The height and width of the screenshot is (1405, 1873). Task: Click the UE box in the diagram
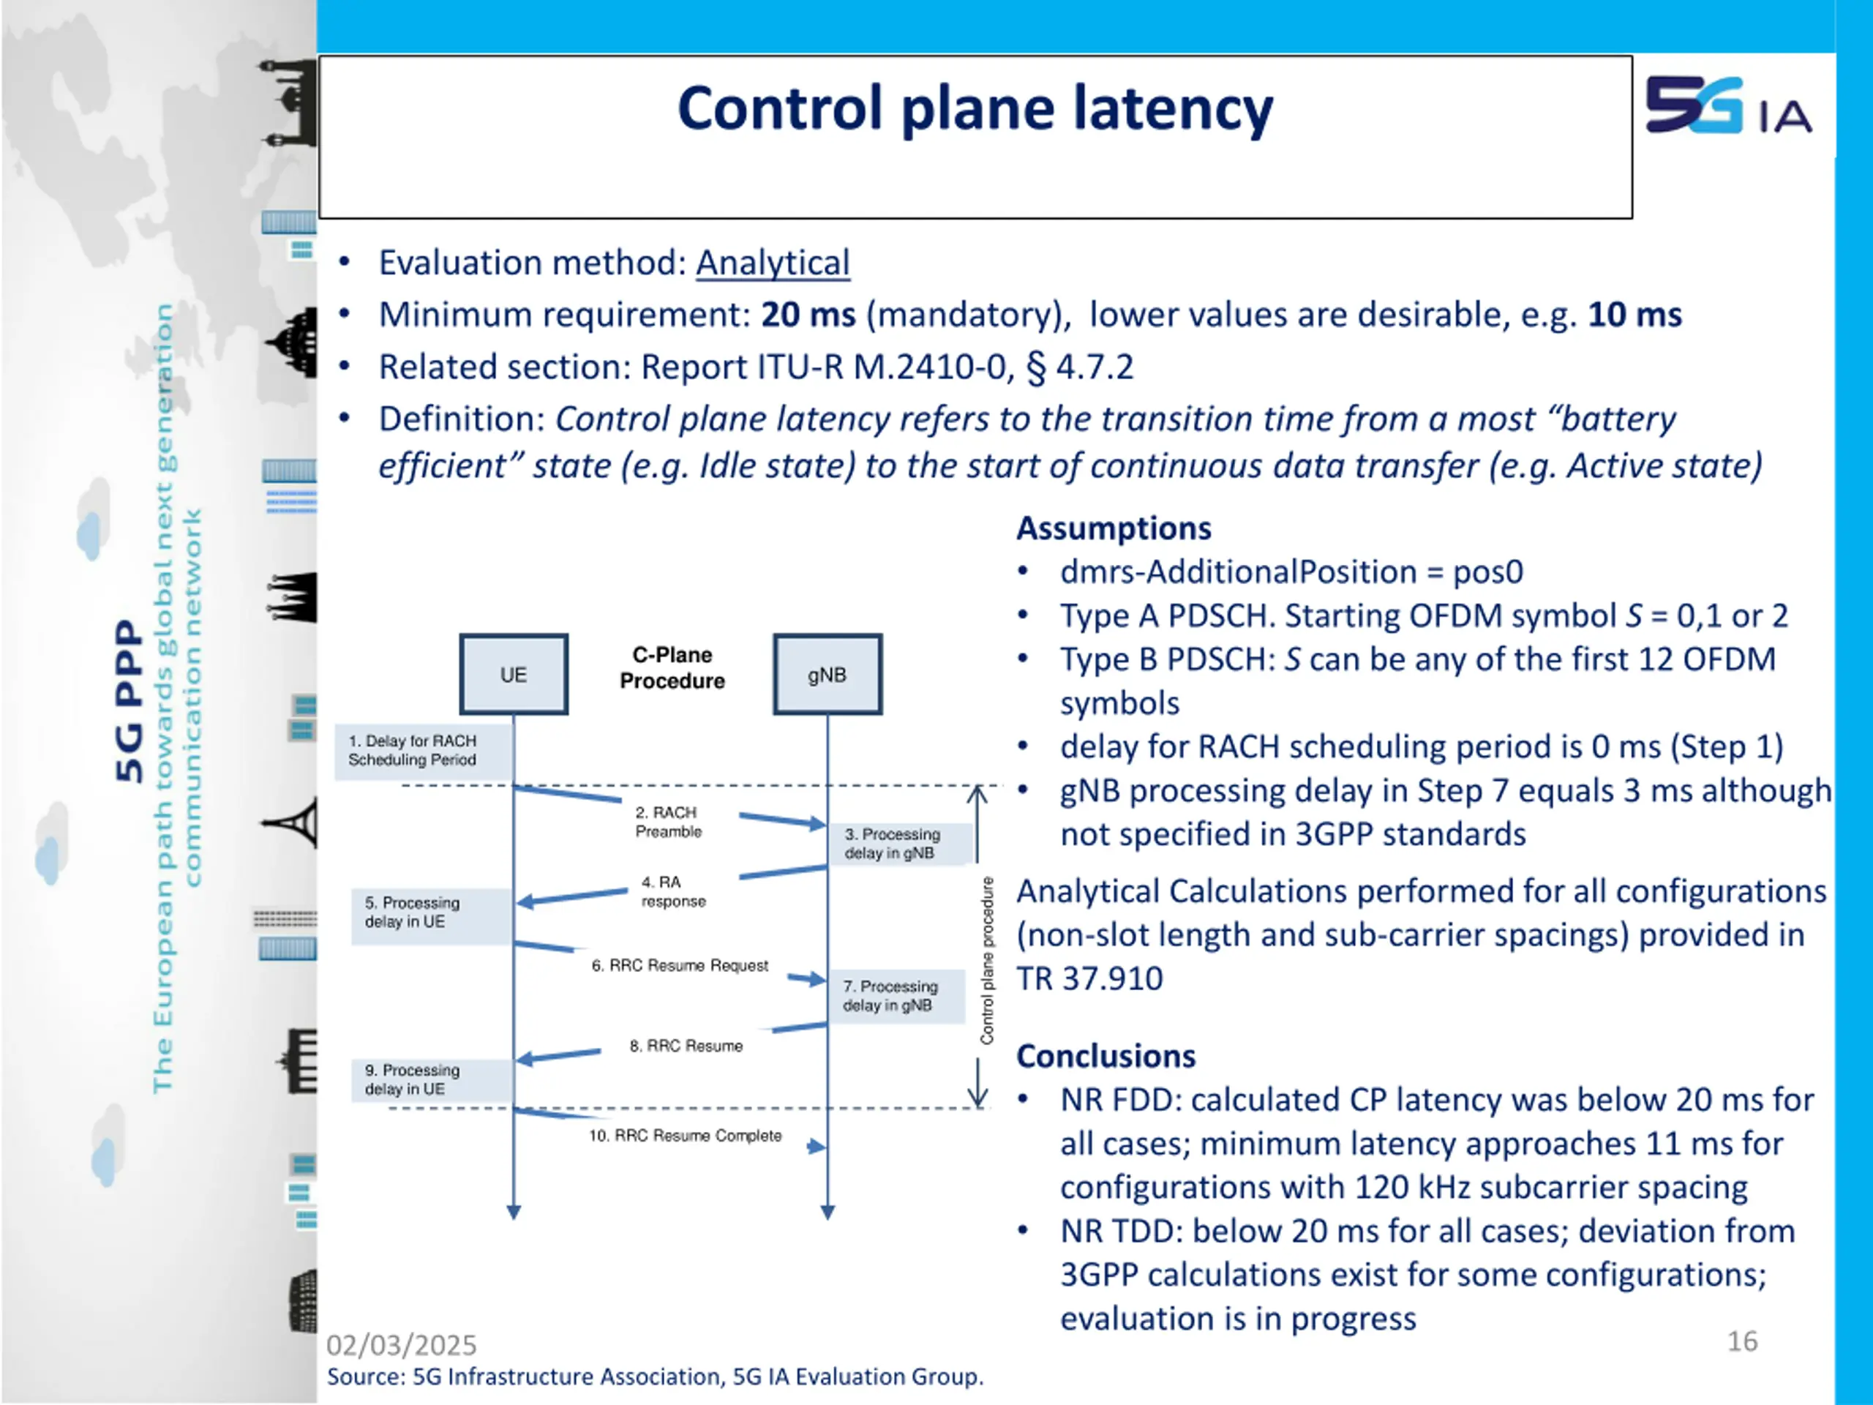pyautogui.click(x=513, y=674)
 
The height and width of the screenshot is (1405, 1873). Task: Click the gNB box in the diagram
pyautogui.click(x=827, y=674)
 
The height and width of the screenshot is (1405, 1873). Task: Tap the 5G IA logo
pyautogui.click(x=1727, y=106)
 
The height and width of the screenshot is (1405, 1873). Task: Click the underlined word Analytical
pyautogui.click(x=772, y=263)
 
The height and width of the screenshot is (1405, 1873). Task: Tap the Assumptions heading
pyautogui.click(x=1114, y=528)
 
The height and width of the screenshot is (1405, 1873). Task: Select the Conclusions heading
pyautogui.click(x=1106, y=1056)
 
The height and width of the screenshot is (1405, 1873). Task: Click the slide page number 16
pyautogui.click(x=1742, y=1341)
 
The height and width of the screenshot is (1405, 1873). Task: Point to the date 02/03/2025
pyautogui.click(x=402, y=1345)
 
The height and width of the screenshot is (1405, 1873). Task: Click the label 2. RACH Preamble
pyautogui.click(x=668, y=822)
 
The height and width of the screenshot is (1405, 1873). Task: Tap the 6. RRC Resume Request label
pyautogui.click(x=679, y=965)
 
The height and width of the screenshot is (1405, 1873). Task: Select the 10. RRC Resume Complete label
pyautogui.click(x=685, y=1136)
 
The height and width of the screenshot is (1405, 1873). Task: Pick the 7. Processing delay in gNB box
pyautogui.click(x=895, y=996)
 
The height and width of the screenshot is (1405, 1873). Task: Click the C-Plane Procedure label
pyautogui.click(x=672, y=667)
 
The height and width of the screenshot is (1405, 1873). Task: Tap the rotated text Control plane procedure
pyautogui.click(x=986, y=960)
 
